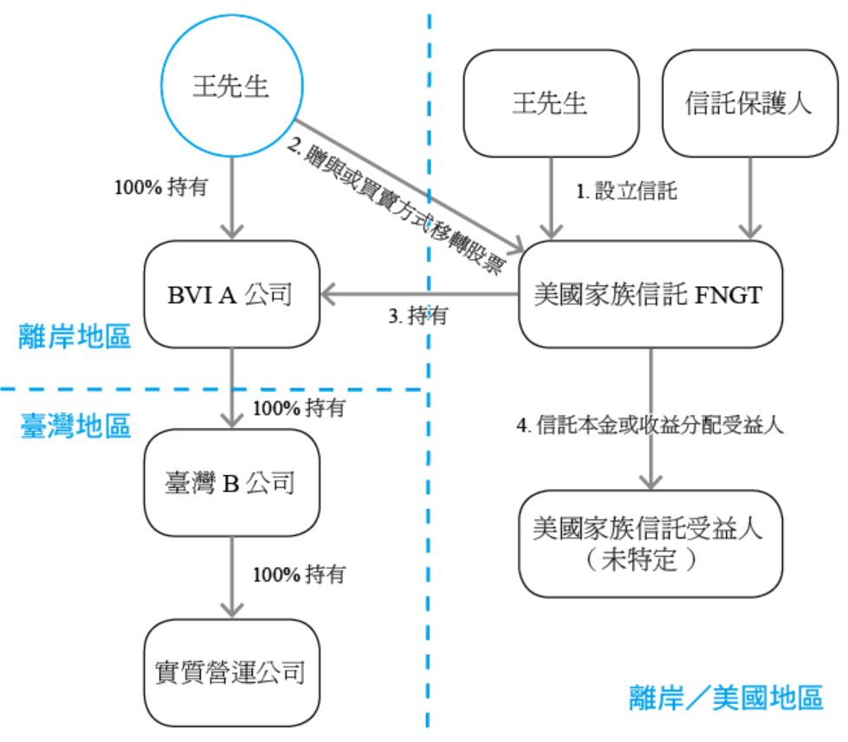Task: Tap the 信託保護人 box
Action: coord(748,102)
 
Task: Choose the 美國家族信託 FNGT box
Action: coord(649,295)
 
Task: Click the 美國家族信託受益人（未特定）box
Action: coord(649,543)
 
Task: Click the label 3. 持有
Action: coord(418,316)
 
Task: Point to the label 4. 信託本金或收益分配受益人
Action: coord(649,426)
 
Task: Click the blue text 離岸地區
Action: coord(74,335)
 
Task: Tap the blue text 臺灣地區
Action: coord(74,425)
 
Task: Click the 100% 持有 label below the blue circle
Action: coord(161,186)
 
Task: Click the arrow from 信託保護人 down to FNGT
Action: coord(748,198)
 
